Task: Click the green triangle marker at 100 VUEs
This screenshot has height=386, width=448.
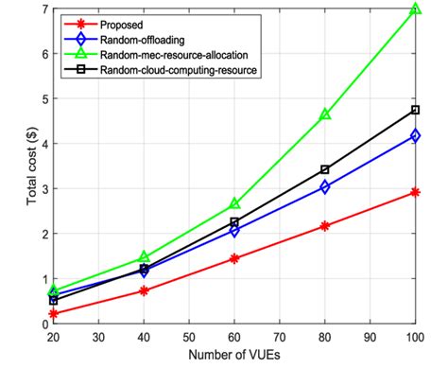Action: pyautogui.click(x=415, y=10)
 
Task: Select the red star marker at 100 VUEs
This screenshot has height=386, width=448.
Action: pyautogui.click(x=415, y=192)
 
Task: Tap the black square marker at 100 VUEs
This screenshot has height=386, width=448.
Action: pyautogui.click(x=415, y=110)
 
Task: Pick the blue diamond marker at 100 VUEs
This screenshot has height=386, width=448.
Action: pyautogui.click(x=415, y=136)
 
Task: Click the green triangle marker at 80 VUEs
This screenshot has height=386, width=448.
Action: pyautogui.click(x=325, y=114)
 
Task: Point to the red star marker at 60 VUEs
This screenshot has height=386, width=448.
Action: pyautogui.click(x=234, y=258)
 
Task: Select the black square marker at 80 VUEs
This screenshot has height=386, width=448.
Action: pyautogui.click(x=325, y=169)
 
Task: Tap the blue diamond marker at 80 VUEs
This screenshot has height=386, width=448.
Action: pyautogui.click(x=325, y=187)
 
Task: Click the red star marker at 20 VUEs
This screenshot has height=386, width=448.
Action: pyautogui.click(x=54, y=313)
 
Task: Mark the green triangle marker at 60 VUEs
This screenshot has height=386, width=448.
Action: pyautogui.click(x=234, y=204)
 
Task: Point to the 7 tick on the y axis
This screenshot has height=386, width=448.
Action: pyautogui.click(x=43, y=9)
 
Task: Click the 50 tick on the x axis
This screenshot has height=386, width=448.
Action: pyautogui.click(x=189, y=336)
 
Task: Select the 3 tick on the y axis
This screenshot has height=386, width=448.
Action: pyautogui.click(x=43, y=188)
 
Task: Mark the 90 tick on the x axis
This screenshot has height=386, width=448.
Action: pyautogui.click(x=370, y=336)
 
